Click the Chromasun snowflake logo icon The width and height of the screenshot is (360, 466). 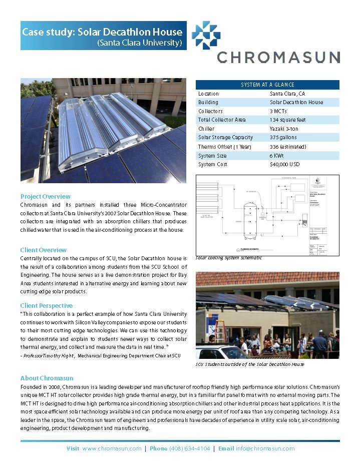[x=206, y=35]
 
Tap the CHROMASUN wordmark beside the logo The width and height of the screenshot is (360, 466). [x=278, y=57]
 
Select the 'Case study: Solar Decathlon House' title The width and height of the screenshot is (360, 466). [x=102, y=32]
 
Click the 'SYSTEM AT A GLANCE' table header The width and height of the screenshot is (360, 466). [x=267, y=85]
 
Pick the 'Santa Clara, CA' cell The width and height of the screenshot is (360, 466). [x=287, y=94]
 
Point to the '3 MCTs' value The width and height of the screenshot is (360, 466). [x=279, y=111]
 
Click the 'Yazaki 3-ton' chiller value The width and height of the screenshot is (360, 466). [x=284, y=129]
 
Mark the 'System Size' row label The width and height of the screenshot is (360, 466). [x=212, y=156]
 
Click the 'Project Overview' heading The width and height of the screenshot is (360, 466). [x=46, y=196]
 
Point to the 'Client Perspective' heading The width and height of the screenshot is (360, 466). [x=47, y=305]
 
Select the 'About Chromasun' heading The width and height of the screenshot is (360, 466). [x=47, y=378]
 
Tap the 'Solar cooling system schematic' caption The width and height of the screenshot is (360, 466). [x=228, y=258]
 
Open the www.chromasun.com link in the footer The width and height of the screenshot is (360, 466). [x=112, y=448]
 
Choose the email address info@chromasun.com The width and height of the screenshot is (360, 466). [x=265, y=448]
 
